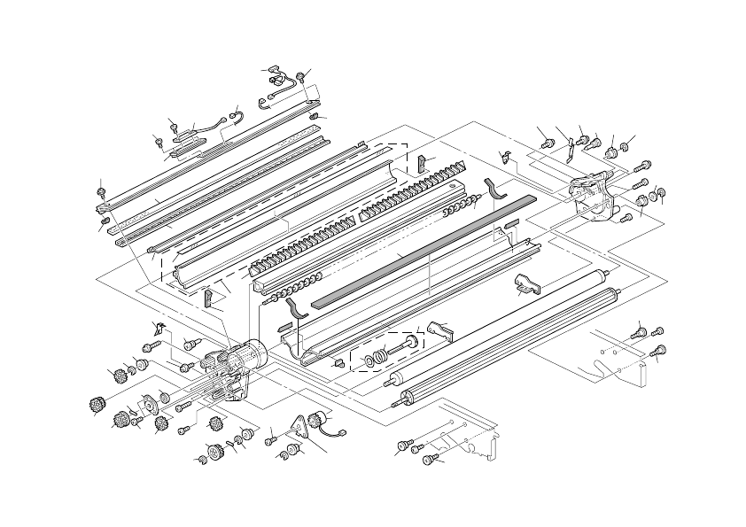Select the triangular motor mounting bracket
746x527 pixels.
pyautogui.click(x=306, y=430)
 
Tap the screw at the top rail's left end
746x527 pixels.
pyautogui.click(x=103, y=188)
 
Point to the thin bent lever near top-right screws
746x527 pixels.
pyautogui.click(x=571, y=148)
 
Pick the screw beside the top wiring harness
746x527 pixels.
pyautogui.click(x=304, y=75)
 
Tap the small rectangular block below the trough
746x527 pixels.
pyautogui.click(x=340, y=363)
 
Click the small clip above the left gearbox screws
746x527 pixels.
pyautogui.click(x=159, y=324)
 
